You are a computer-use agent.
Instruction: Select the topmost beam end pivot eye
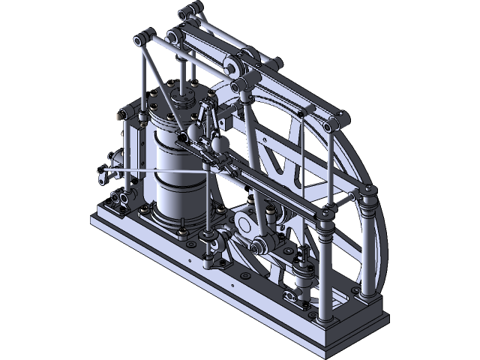189,10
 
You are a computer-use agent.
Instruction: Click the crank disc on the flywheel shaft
246,223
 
